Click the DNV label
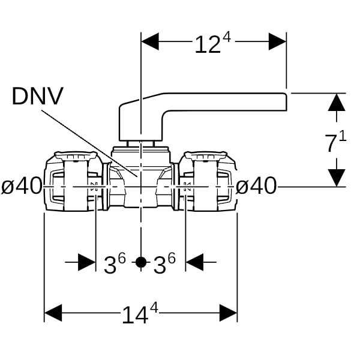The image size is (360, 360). coord(37,96)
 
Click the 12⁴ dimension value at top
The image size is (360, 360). coord(212,43)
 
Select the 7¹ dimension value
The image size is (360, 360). coord(335,143)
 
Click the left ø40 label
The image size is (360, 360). coord(22,187)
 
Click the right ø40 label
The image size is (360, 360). coord(256,187)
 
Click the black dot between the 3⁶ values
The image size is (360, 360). coord(140,262)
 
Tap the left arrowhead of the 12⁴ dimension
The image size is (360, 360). coord(149,41)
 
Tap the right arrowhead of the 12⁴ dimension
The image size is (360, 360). coord(277,41)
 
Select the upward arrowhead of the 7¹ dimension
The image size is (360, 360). coord(337,103)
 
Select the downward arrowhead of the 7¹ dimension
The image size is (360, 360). coord(337,177)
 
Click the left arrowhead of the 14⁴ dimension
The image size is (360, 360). coord(53,313)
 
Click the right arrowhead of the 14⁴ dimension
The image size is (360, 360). coord(228,313)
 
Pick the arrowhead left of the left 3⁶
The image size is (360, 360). coord(87,262)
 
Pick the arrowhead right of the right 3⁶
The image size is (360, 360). coord(194,262)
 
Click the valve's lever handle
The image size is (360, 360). coord(204,103)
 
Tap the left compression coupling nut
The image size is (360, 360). coord(71,182)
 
